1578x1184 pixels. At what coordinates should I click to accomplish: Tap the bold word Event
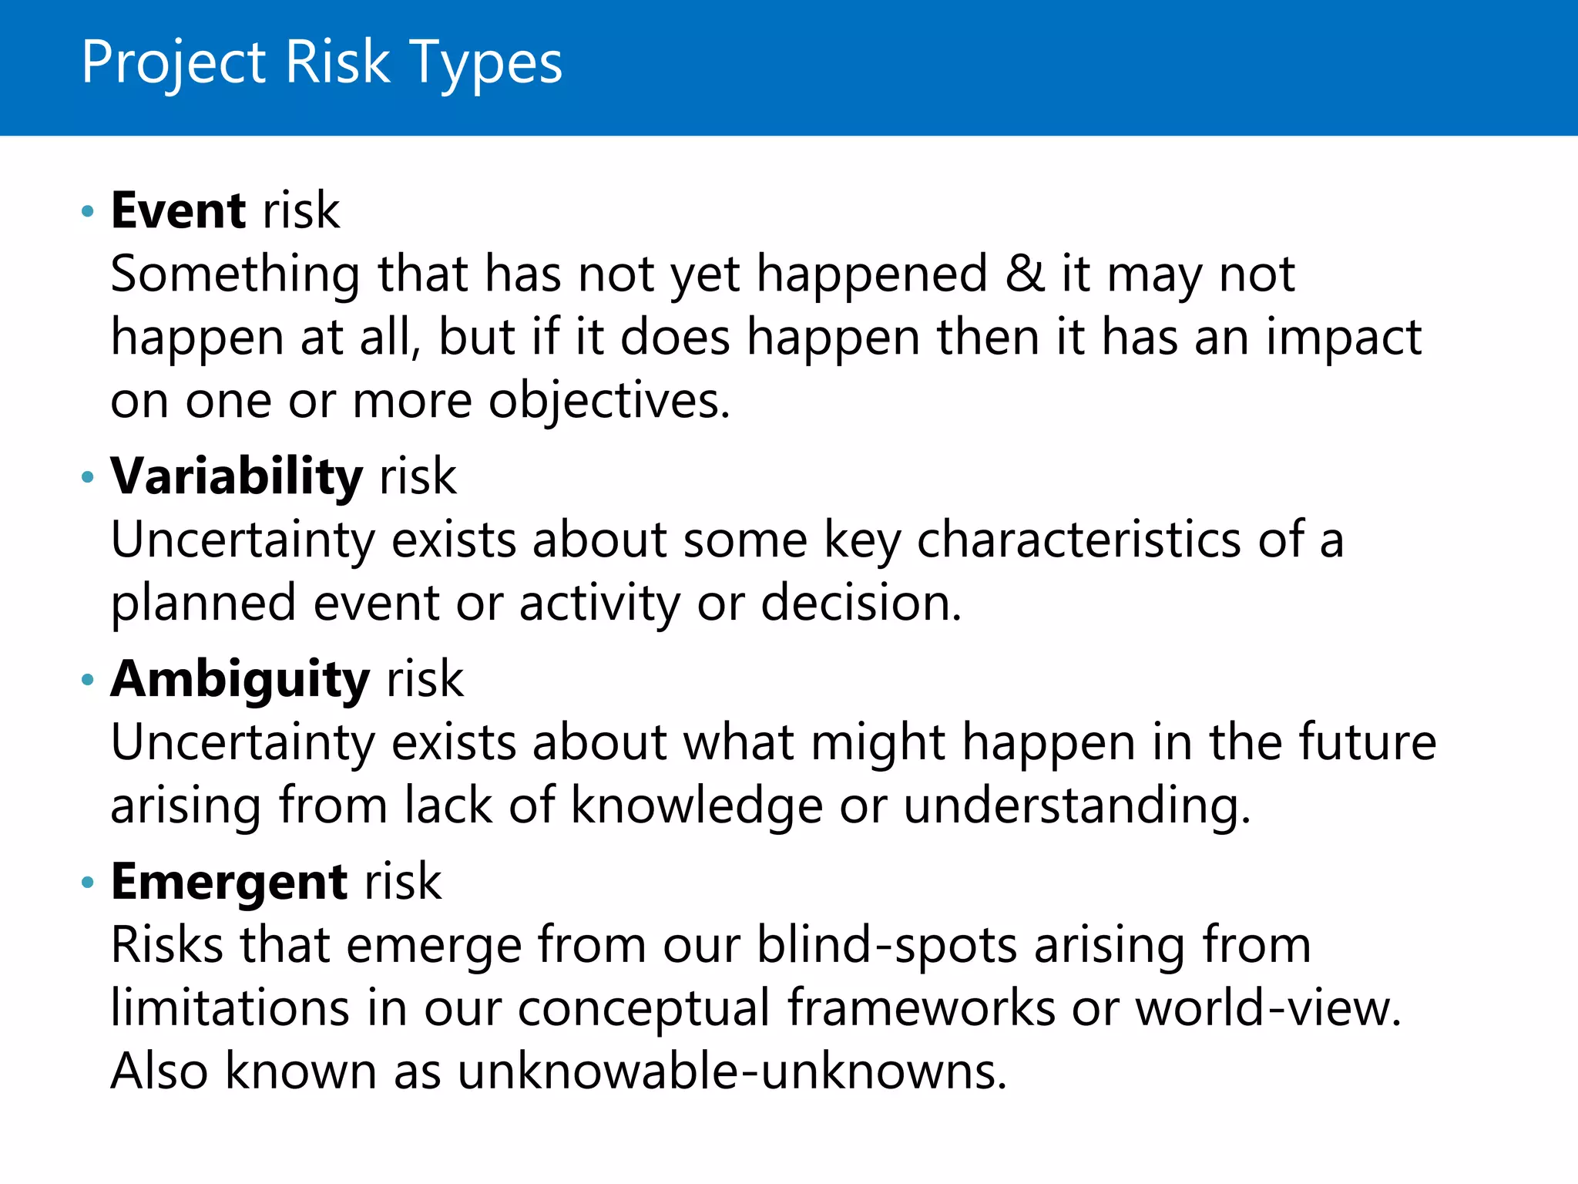(178, 210)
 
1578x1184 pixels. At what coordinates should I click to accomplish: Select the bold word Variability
(236, 476)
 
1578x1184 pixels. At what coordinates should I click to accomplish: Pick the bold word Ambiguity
(240, 680)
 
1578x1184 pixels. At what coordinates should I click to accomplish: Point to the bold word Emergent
(229, 883)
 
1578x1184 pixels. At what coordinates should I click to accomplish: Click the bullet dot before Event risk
(88, 211)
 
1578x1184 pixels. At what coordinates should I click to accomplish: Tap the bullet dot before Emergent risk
(88, 883)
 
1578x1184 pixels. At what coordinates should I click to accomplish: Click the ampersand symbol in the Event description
(1025, 274)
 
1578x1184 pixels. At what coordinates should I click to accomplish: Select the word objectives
(609, 402)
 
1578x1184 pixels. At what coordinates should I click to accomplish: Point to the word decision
(861, 603)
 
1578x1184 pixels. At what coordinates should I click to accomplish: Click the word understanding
(1076, 806)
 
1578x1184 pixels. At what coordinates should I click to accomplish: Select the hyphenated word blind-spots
(886, 946)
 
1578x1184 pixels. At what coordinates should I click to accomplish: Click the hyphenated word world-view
(1267, 1008)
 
